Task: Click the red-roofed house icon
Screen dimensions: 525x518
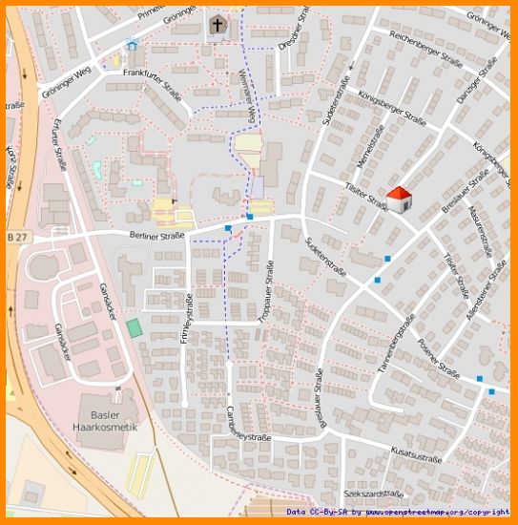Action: point(399,199)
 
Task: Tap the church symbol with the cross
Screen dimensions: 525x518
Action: point(218,25)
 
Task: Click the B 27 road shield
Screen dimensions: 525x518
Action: point(16,236)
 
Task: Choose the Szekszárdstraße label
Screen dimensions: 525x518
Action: point(374,494)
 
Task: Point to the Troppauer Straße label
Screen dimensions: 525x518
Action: point(266,297)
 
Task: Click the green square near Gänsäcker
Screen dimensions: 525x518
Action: point(135,327)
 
